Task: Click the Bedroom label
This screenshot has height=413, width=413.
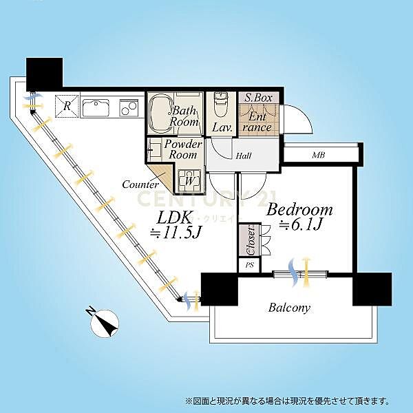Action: [x=299, y=209]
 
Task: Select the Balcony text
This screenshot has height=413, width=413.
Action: [x=289, y=308]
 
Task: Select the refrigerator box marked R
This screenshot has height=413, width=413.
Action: [x=66, y=106]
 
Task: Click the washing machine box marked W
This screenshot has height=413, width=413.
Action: [x=188, y=182]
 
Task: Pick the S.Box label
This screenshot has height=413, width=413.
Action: [x=259, y=98]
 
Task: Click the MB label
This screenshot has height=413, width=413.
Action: [x=317, y=156]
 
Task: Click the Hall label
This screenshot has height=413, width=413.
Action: [x=242, y=156]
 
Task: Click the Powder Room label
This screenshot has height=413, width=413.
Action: [x=182, y=149]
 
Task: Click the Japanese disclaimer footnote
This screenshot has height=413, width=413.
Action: [x=288, y=400]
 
